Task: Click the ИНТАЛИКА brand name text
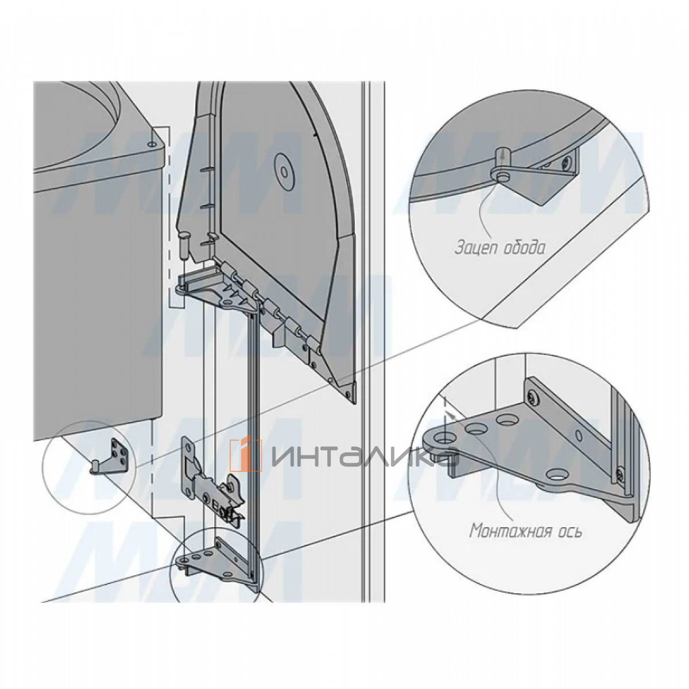(x=364, y=456)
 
